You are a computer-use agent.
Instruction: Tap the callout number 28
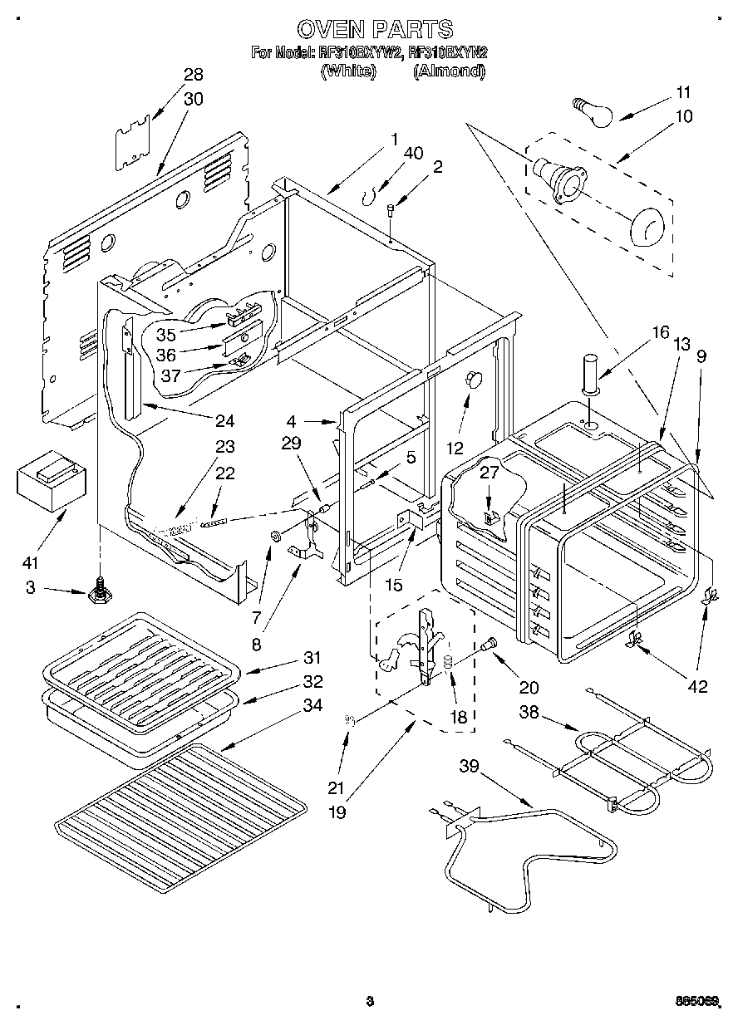click(x=193, y=75)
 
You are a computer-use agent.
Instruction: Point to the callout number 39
click(x=470, y=765)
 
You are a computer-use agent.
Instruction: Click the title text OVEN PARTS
click(x=375, y=30)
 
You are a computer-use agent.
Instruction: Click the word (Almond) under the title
click(x=450, y=71)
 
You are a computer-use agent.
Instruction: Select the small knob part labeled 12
click(x=473, y=380)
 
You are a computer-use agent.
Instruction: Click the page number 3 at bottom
click(x=368, y=1001)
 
